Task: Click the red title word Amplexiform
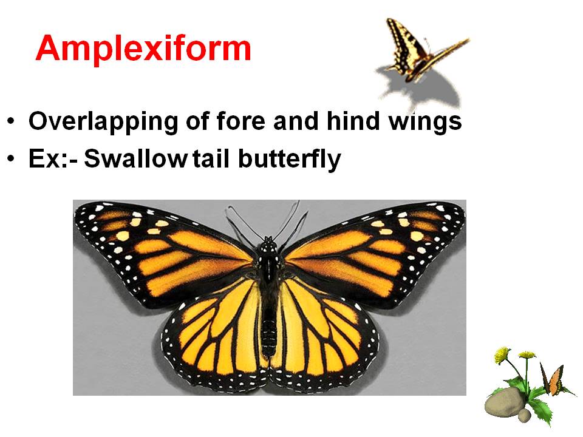point(143,48)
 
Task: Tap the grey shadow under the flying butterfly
point(425,88)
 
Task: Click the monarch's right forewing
point(377,249)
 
